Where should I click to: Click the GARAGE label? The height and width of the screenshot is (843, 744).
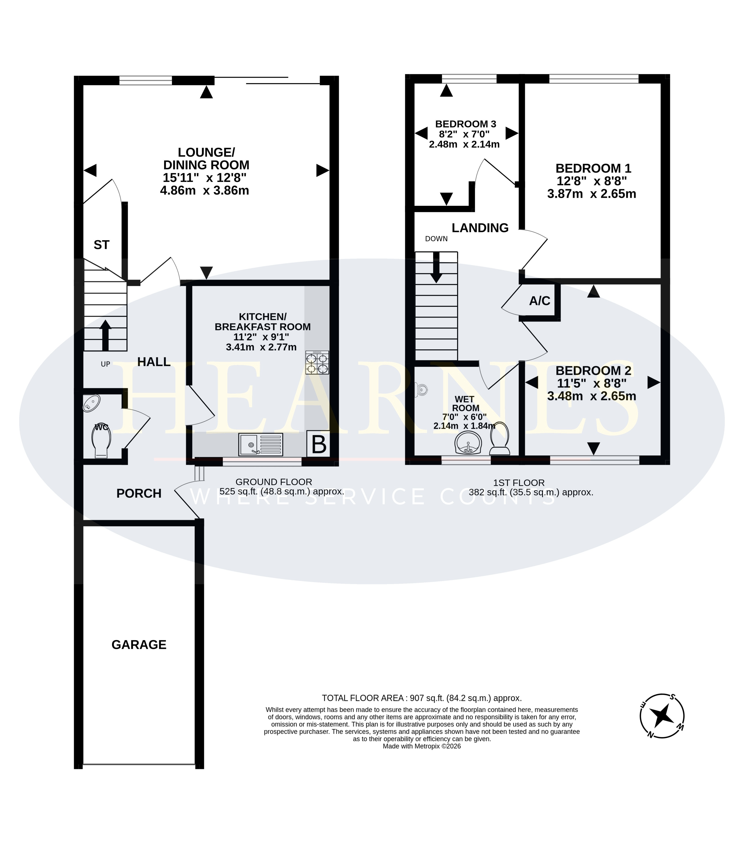coord(139,645)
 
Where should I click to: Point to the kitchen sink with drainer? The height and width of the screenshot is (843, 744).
coord(260,445)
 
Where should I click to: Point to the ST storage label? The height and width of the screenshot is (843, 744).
coord(101,245)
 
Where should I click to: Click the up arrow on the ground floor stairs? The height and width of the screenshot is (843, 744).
coord(105,335)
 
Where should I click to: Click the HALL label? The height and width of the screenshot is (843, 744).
coord(154,362)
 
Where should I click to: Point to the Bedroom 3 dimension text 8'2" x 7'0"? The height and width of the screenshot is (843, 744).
coord(464,134)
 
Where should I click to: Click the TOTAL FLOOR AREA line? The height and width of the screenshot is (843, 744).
coord(422,698)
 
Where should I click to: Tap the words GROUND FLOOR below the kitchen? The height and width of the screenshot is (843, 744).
coord(274,482)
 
